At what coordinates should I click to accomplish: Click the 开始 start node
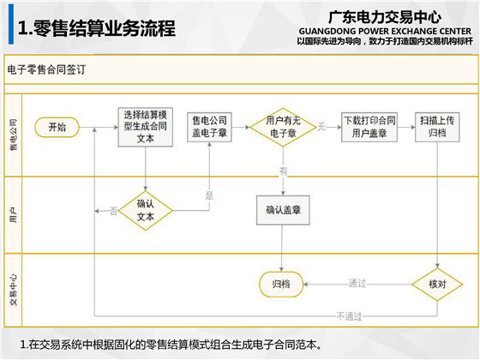[57, 127]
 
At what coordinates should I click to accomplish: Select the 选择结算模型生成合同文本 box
[146, 127]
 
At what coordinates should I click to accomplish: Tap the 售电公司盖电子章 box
[209, 127]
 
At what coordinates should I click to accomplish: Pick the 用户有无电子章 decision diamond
[283, 127]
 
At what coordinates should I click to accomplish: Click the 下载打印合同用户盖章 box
[369, 127]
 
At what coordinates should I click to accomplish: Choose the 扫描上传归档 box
[437, 127]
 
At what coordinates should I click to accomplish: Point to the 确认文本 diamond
[146, 211]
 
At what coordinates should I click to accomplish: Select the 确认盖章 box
[283, 210]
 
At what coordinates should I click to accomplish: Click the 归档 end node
[281, 285]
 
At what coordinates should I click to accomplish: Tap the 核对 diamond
[437, 285]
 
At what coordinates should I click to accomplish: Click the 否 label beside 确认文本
[113, 211]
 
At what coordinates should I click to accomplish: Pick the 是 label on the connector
[209, 195]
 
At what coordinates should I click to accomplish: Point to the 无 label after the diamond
[321, 127]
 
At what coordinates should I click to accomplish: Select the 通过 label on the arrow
[357, 284]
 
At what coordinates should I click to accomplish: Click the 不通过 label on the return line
[349, 316]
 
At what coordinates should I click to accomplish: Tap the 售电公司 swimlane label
[14, 135]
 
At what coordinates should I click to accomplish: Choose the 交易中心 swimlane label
[14, 290]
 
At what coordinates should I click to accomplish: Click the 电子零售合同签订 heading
[46, 69]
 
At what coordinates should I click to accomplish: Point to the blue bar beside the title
[11, 24]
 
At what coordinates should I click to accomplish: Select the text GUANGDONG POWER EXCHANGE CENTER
[385, 31]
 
